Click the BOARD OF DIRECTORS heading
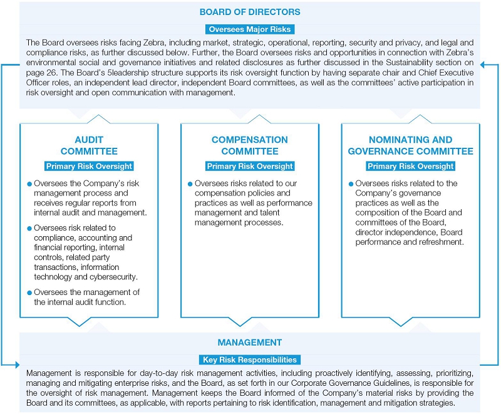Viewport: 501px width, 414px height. point(250,12)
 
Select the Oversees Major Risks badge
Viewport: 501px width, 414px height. point(250,29)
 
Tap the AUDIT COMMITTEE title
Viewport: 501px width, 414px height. point(89,145)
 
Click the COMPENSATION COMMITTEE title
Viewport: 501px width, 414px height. point(250,145)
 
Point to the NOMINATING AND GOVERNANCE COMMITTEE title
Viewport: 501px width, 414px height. point(411,145)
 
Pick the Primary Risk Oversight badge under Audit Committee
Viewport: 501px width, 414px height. point(89,166)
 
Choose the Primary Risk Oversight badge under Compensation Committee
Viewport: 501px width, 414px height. point(250,166)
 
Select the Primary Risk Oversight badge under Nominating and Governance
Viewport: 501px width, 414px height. point(411,166)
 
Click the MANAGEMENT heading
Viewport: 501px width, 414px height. point(250,343)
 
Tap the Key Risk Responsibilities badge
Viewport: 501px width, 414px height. point(250,360)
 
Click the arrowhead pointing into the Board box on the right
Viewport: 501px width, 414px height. point(484,63)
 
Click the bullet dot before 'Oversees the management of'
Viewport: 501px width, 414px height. point(29,292)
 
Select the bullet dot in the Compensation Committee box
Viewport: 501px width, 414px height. point(190,184)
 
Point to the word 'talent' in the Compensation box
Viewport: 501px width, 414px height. point(290,213)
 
